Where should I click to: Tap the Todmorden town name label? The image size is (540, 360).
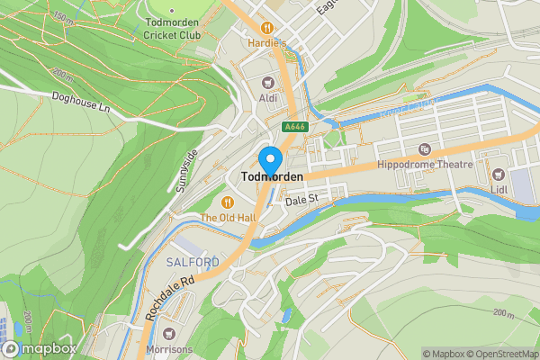[271, 177]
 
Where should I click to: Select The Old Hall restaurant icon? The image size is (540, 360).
[229, 202]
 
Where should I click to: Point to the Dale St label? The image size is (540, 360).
[302, 202]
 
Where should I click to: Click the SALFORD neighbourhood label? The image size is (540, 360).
[193, 262]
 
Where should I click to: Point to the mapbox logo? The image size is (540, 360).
[39, 348]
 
